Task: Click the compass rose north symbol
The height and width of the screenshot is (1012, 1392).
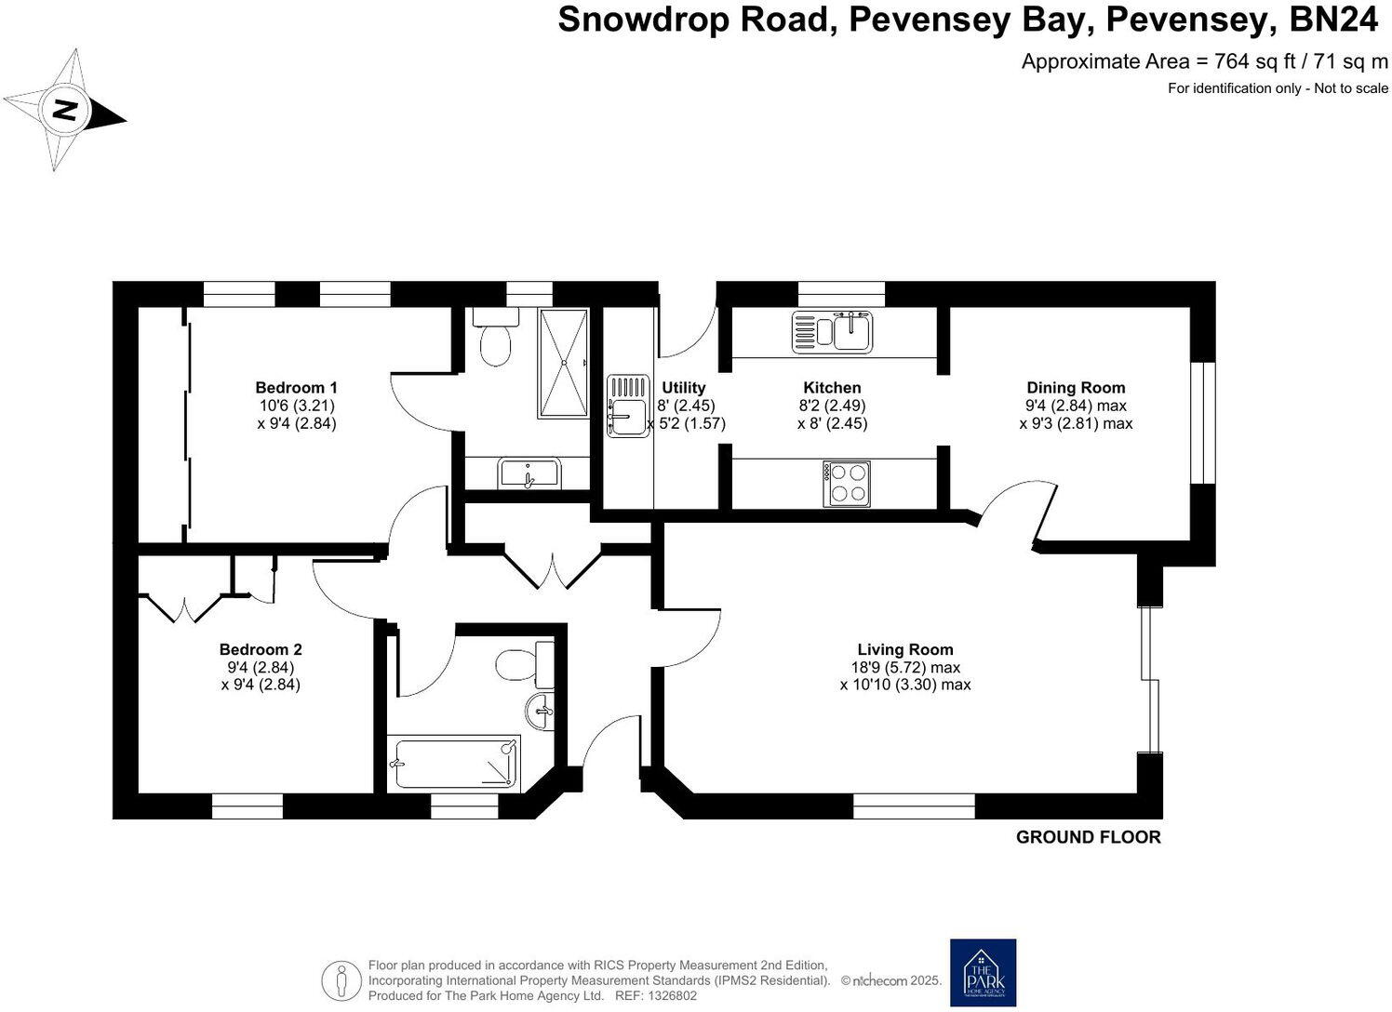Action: (63, 111)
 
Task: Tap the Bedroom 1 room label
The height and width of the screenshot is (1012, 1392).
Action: (296, 388)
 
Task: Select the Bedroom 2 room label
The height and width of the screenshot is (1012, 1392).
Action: (261, 650)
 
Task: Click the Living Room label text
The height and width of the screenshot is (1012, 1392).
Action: (904, 650)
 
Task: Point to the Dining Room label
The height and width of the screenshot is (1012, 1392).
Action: (1076, 388)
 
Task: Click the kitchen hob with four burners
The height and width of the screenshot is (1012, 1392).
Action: (846, 484)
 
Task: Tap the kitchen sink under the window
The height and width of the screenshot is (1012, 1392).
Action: (832, 332)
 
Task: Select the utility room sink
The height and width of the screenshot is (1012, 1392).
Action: (628, 406)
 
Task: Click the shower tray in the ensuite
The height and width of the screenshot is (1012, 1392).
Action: (563, 363)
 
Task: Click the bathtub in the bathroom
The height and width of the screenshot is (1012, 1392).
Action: (454, 763)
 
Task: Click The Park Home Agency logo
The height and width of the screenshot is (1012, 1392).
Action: (983, 972)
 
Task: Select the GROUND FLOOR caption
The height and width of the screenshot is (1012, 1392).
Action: (1088, 837)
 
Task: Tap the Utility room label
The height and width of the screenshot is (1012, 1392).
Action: (683, 388)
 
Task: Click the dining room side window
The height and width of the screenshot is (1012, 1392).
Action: (1203, 422)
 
